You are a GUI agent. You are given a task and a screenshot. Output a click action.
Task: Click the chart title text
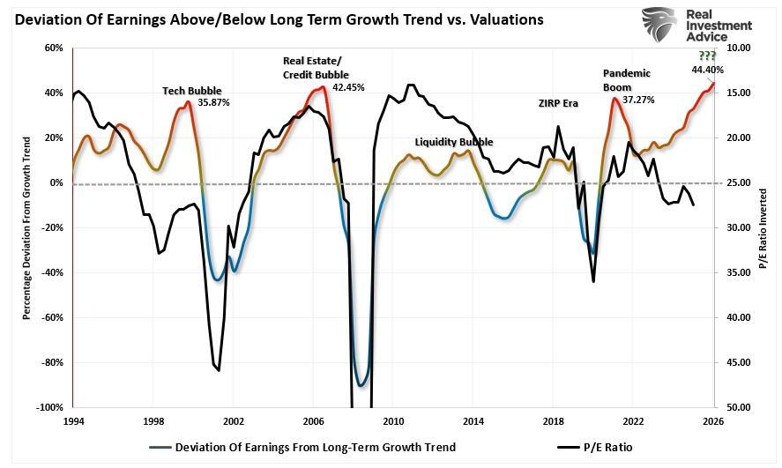274,19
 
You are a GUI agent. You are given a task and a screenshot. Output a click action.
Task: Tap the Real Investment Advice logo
696,27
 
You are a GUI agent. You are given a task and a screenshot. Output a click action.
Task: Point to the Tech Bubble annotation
192,91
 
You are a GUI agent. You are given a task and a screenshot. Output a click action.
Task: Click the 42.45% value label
349,87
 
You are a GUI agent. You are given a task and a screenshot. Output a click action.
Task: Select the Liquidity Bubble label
454,142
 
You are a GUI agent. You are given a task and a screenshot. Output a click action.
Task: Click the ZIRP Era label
558,103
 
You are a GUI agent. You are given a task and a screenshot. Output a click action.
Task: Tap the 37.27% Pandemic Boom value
638,100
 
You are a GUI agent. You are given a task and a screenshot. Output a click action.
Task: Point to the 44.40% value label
708,70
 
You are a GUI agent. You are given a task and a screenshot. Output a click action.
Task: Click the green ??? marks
707,56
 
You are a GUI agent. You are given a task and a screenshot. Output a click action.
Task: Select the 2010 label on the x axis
393,421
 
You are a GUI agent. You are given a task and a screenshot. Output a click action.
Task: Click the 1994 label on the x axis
73,421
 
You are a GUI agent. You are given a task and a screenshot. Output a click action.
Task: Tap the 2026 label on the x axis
713,421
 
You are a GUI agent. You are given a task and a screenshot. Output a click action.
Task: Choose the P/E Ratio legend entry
594,447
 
